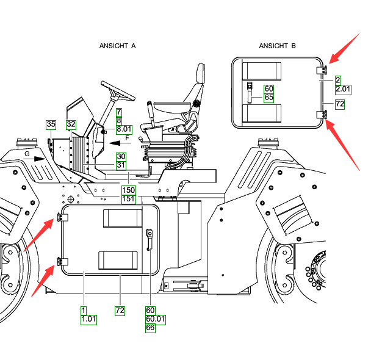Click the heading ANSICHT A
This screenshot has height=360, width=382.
pyautogui.click(x=117, y=46)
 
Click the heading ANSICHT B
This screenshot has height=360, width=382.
pyautogui.click(x=277, y=46)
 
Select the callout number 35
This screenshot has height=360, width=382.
pyautogui.click(x=51, y=124)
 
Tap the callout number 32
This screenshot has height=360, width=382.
pyautogui.click(x=71, y=124)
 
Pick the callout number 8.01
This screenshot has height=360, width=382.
pyautogui.click(x=124, y=129)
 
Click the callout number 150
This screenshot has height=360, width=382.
pyautogui.click(x=129, y=190)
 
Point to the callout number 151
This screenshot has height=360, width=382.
pyautogui.click(x=129, y=198)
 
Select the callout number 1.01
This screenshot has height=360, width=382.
pyautogui.click(x=88, y=319)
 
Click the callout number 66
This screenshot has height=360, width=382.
pyautogui.click(x=151, y=328)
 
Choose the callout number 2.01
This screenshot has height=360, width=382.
pyautogui.click(x=344, y=89)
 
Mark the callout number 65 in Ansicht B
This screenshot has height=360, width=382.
pyautogui.click(x=269, y=97)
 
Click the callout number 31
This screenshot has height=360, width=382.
pyautogui.click(x=121, y=165)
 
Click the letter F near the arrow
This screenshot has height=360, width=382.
pyautogui.click(x=127, y=139)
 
